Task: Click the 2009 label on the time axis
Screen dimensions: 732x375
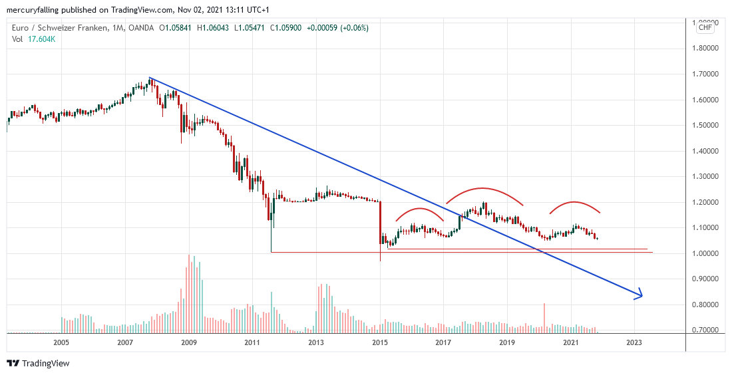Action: pyautogui.click(x=188, y=343)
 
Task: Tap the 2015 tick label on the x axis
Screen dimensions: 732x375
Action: pyautogui.click(x=380, y=343)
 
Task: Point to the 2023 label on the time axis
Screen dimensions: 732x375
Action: pyautogui.click(x=634, y=343)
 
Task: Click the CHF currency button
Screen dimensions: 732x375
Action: pyautogui.click(x=705, y=28)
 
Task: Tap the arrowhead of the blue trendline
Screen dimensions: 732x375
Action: pyautogui.click(x=641, y=295)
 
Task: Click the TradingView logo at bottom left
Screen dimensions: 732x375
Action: pyautogui.click(x=39, y=363)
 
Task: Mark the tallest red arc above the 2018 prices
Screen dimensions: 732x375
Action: pyautogui.click(x=484, y=189)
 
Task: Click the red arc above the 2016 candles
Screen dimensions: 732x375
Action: pyautogui.click(x=419, y=209)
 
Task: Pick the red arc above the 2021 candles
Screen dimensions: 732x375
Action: pyautogui.click(x=574, y=202)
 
